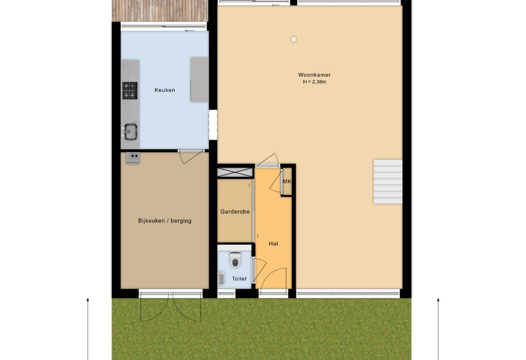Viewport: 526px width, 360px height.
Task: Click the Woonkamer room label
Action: click(314, 75)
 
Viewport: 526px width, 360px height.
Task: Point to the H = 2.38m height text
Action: click(314, 82)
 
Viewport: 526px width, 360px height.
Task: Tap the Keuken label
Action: click(165, 90)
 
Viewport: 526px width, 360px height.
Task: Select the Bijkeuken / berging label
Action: click(165, 221)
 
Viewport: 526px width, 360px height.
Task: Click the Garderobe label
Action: click(235, 212)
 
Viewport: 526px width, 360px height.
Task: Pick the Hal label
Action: click(274, 244)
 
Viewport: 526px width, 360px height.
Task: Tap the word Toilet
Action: click(239, 279)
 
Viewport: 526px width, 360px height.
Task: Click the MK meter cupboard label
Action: click(287, 181)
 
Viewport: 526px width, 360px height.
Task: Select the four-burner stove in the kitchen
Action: click(130, 91)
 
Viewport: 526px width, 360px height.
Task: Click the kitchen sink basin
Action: click(131, 131)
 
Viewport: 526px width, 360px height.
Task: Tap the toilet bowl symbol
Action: click(235, 260)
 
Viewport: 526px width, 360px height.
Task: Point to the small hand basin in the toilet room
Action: click(221, 278)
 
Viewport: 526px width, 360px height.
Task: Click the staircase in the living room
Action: click(388, 182)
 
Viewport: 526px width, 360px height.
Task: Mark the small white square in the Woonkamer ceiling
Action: click(294, 39)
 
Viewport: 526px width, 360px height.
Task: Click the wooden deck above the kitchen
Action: click(160, 11)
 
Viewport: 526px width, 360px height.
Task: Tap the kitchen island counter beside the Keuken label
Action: click(199, 80)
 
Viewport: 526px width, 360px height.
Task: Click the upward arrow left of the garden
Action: click(88, 328)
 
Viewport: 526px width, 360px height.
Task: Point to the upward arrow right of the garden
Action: click(438, 328)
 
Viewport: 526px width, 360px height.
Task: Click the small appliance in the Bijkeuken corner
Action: click(133, 157)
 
